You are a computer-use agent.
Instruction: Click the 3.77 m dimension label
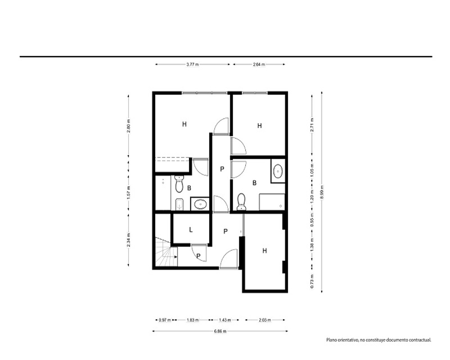[192, 65]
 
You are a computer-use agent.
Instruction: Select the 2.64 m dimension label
[259, 65]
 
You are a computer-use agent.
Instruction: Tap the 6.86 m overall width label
[220, 331]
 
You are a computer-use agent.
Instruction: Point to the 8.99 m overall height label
[322, 192]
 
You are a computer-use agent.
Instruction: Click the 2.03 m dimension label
[265, 320]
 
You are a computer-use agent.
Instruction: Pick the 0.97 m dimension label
[165, 320]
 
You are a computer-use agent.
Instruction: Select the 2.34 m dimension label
[129, 240]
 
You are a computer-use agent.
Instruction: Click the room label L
[191, 229]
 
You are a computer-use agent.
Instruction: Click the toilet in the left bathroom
[179, 184]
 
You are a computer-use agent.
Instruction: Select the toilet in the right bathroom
[241, 202]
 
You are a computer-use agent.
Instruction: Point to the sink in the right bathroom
[278, 171]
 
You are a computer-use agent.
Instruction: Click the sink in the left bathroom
[200, 204]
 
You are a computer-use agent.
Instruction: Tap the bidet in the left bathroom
[179, 204]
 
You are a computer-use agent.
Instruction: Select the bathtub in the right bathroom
[272, 202]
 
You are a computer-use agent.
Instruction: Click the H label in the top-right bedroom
[260, 126]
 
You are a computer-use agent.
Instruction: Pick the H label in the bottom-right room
[264, 251]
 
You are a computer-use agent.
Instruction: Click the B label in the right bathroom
[254, 183]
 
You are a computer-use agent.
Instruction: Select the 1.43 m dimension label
[225, 320]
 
